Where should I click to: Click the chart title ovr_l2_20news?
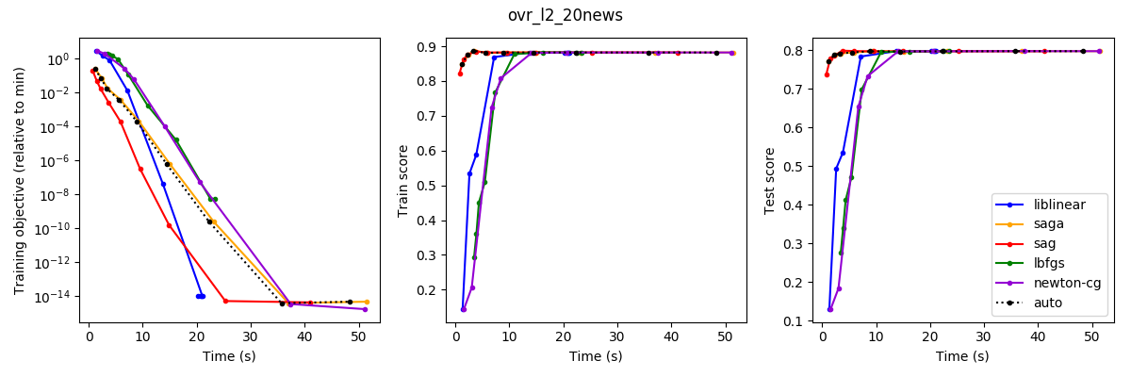(565, 15)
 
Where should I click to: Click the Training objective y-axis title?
(20, 180)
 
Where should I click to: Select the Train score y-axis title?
(403, 180)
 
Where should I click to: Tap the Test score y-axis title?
(770, 180)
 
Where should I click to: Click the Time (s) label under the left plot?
(229, 356)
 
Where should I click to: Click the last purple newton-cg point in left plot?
(365, 309)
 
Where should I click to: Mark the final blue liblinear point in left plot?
(202, 296)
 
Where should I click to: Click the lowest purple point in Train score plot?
(464, 309)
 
